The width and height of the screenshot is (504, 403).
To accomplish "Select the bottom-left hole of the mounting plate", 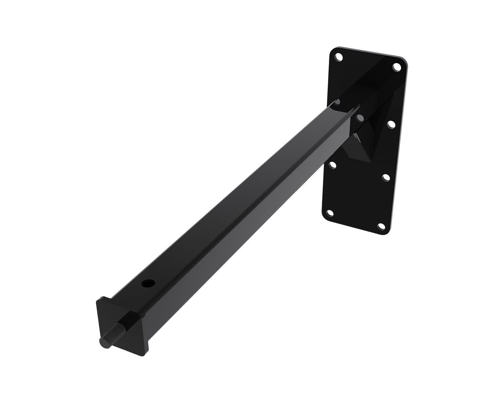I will (x=330, y=213).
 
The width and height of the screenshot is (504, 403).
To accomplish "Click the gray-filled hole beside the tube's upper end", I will (x=360, y=118).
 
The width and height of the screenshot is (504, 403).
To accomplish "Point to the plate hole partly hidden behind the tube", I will (x=337, y=102).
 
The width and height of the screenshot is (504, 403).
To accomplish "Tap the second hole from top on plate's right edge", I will (x=391, y=124).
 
